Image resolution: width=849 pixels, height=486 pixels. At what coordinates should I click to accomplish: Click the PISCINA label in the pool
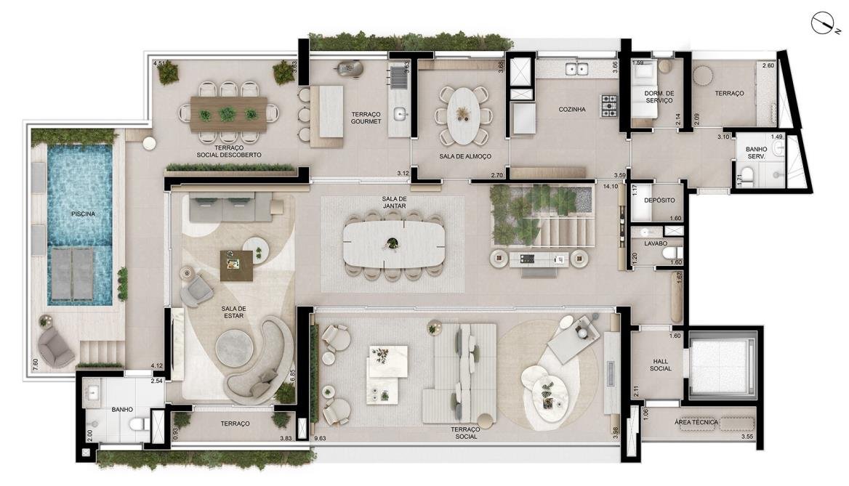click(x=83, y=214)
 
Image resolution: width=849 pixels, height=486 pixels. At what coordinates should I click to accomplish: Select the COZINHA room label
click(x=572, y=109)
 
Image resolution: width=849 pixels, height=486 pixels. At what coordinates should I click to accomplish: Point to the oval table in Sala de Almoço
click(x=464, y=115)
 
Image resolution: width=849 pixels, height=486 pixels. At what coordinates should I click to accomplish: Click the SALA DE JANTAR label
click(x=394, y=203)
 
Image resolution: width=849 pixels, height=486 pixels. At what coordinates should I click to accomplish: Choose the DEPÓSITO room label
click(x=659, y=201)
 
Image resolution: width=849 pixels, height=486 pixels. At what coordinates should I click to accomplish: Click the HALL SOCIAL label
click(x=660, y=365)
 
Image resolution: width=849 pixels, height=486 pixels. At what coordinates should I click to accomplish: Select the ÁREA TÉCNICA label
click(x=696, y=422)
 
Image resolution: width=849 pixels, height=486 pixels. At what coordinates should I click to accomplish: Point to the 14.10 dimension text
click(x=611, y=187)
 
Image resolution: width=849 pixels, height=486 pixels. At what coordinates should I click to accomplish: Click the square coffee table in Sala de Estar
click(x=237, y=266)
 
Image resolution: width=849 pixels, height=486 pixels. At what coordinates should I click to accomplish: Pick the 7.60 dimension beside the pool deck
click(x=35, y=364)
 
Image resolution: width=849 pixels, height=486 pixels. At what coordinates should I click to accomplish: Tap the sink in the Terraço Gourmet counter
click(x=400, y=113)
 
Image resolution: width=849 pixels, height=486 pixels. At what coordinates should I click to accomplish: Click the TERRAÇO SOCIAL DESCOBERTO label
click(x=230, y=151)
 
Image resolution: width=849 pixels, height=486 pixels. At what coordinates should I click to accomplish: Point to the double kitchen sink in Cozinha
click(x=576, y=68)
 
